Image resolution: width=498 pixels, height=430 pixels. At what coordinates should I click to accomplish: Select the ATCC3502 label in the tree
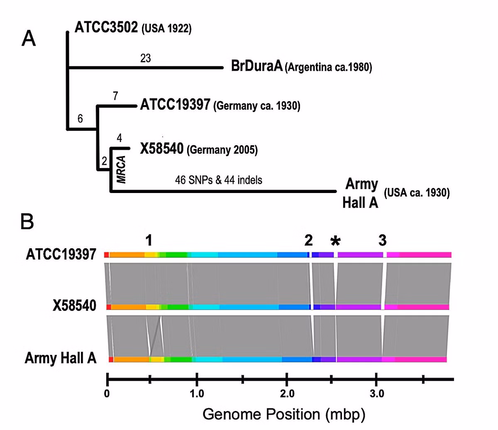[106, 27]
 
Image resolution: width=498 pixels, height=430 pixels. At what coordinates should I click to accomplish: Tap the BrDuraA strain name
[256, 66]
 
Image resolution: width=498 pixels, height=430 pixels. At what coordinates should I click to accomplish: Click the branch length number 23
[146, 58]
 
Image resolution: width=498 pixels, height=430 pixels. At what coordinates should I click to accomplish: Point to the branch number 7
[115, 96]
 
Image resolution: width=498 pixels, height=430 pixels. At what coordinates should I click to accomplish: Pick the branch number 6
[80, 119]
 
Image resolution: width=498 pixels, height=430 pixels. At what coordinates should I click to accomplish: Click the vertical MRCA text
[121, 170]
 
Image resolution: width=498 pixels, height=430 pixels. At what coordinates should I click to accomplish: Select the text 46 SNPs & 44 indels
[219, 180]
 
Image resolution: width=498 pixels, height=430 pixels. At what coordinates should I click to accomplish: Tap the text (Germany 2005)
[222, 150]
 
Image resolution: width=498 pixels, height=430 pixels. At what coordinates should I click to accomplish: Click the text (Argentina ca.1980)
[328, 67]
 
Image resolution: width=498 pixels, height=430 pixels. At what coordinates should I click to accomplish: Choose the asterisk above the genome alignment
[336, 241]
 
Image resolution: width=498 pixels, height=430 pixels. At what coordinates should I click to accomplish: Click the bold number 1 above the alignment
[149, 241]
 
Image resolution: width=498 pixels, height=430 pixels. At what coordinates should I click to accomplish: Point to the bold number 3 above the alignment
[383, 240]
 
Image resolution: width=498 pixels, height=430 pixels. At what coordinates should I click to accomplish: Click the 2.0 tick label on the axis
[287, 394]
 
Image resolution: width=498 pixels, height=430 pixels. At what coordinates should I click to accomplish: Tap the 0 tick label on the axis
[107, 394]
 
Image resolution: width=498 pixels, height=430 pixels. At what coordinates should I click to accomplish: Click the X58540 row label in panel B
[75, 305]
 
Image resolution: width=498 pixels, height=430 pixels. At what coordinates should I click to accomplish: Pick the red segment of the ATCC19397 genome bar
[107, 255]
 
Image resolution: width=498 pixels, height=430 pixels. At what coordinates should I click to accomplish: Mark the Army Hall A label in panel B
[61, 358]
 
